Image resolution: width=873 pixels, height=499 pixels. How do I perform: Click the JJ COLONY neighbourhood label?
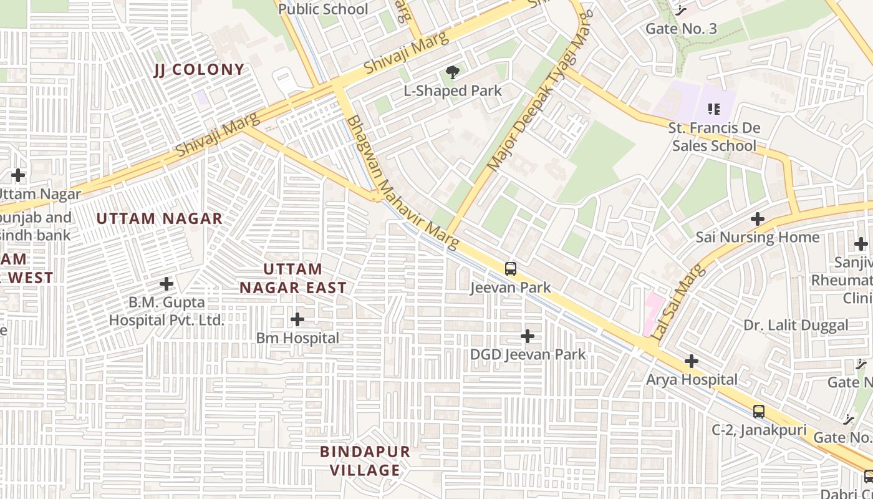pyautogui.click(x=199, y=70)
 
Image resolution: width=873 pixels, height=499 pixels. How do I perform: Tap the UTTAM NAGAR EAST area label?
pyautogui.click(x=293, y=278)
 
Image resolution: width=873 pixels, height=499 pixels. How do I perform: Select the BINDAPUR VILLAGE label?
pyautogui.click(x=365, y=460)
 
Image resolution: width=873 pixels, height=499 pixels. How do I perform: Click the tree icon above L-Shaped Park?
pyautogui.click(x=453, y=73)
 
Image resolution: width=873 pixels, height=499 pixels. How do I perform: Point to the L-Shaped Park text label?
pyautogui.click(x=453, y=91)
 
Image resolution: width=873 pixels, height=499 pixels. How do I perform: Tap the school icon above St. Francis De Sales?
pyautogui.click(x=714, y=110)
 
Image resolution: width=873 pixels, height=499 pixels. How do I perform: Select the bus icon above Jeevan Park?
pyautogui.click(x=511, y=269)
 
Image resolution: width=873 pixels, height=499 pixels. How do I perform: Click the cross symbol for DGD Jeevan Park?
pyautogui.click(x=528, y=336)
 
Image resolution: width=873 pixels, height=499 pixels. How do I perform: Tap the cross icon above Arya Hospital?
pyautogui.click(x=691, y=361)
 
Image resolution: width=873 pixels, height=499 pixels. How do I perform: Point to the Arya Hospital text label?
pyautogui.click(x=692, y=379)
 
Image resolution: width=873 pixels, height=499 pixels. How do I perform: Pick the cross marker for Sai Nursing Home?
pyautogui.click(x=758, y=219)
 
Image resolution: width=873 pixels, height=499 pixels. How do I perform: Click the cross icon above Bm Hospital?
pyautogui.click(x=297, y=320)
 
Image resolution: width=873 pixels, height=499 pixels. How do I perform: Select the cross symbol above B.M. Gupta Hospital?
pyautogui.click(x=166, y=284)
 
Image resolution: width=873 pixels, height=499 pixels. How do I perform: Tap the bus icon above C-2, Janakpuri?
pyautogui.click(x=758, y=412)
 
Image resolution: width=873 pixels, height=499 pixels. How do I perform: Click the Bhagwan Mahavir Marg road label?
pyautogui.click(x=403, y=182)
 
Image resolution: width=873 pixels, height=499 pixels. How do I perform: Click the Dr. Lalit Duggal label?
pyautogui.click(x=796, y=325)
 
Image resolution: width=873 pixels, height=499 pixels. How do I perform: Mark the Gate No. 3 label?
pyautogui.click(x=681, y=29)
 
